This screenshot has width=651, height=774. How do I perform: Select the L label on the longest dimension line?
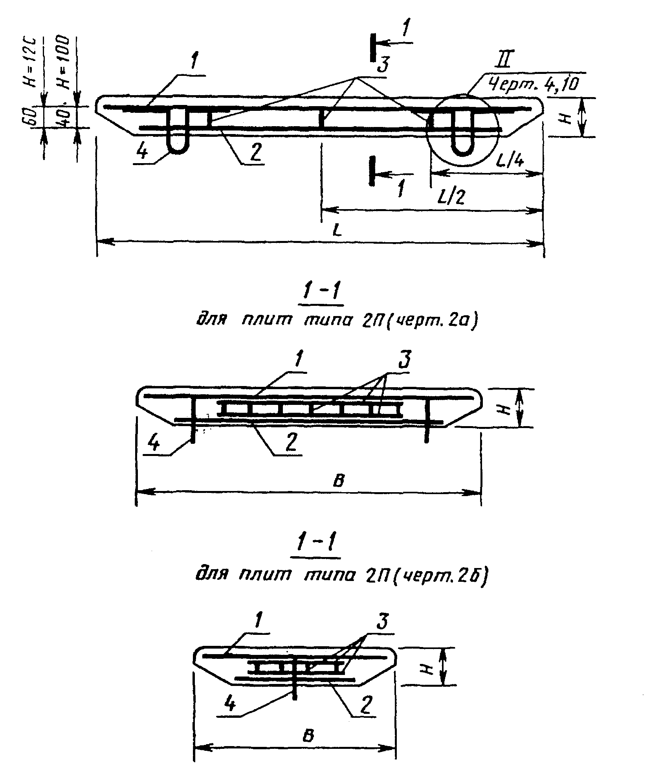coord(337,231)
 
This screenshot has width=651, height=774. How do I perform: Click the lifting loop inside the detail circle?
coord(463,134)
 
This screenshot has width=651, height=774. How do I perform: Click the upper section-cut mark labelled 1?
coord(373,47)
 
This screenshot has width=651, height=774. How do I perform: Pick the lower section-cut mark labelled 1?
coord(372,171)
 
